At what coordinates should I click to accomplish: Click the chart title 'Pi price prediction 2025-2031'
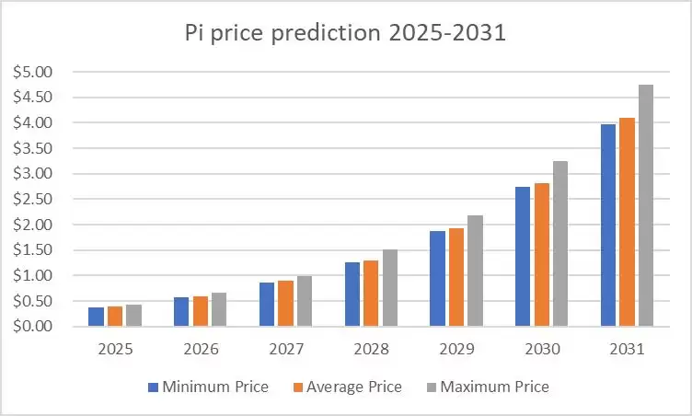coord(345,35)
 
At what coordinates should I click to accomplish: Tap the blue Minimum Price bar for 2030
coord(523,257)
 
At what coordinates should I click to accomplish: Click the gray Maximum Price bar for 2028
coord(389,288)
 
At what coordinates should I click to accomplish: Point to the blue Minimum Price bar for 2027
coord(267,305)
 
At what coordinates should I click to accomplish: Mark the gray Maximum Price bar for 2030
coord(559,244)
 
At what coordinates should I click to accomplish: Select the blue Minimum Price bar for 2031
coord(608,225)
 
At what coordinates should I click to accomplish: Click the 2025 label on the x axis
coord(116,351)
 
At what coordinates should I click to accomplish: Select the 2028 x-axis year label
coord(372,351)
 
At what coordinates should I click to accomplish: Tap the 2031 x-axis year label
coord(627,351)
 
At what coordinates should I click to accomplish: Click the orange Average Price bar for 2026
coord(200,311)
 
